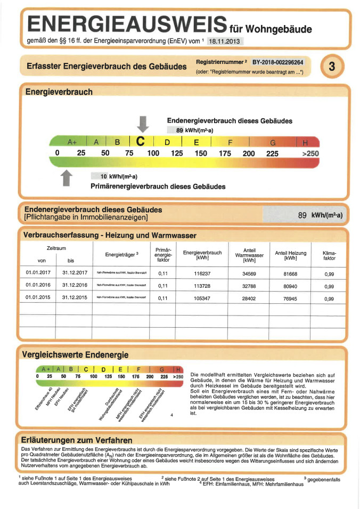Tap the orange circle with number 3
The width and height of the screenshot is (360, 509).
point(332,67)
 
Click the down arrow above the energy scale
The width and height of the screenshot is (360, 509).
point(142,123)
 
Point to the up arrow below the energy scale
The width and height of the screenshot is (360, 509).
point(67,177)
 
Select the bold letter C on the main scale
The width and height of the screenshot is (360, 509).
point(141,142)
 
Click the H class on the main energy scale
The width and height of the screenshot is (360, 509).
point(306,142)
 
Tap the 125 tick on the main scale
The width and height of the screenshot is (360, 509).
point(177,153)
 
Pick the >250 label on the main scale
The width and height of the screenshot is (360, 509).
point(310,153)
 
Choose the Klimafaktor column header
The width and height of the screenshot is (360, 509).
point(330,255)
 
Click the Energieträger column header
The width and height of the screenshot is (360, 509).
point(122,254)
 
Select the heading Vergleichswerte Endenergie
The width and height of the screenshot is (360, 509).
point(75,354)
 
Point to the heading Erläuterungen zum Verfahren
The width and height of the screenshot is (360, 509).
point(76,440)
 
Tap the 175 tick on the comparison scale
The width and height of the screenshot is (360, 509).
point(135,376)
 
